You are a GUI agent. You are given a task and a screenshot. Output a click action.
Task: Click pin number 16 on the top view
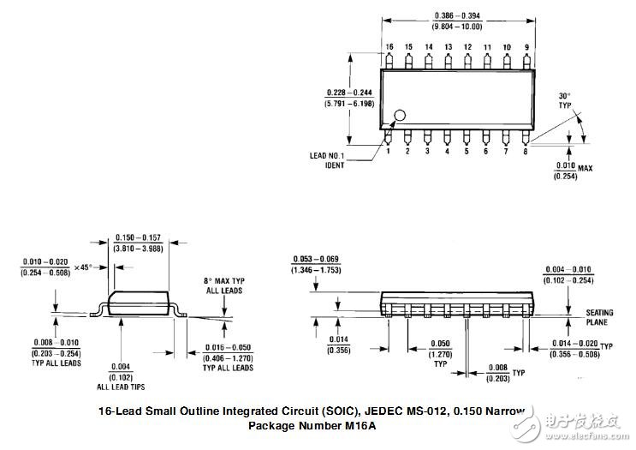tap(389, 46)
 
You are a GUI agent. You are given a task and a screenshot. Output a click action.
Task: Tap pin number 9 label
tap(526, 46)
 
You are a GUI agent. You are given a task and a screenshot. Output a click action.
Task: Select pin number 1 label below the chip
tap(388, 151)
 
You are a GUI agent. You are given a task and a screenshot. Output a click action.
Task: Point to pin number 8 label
tap(525, 151)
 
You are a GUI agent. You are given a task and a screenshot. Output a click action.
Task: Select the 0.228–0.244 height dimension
tap(349, 97)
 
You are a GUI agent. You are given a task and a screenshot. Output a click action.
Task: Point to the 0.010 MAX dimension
tap(573, 170)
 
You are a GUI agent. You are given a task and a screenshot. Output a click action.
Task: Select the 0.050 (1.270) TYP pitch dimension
tap(441, 351)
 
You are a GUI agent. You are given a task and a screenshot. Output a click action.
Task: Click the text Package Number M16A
tap(312, 425)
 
